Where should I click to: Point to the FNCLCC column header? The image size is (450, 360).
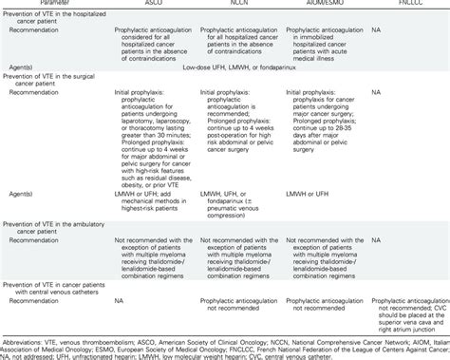[403, 6]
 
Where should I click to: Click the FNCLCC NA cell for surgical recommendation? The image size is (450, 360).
[379, 93]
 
